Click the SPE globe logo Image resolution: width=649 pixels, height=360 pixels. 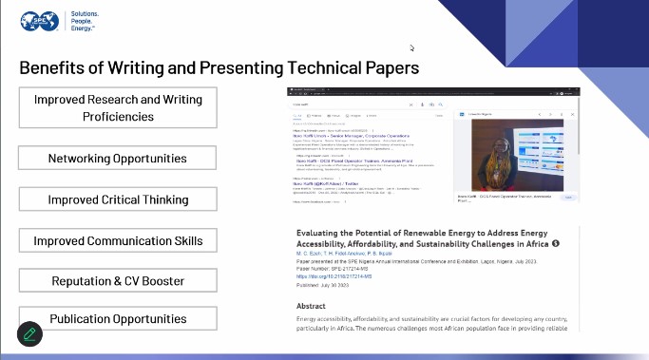point(41,22)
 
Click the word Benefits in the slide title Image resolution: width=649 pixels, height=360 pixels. point(55,68)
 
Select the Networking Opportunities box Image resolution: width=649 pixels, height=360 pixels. point(118,158)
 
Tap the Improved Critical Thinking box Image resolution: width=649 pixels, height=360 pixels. point(118,199)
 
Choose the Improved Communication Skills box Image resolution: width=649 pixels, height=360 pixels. point(118,240)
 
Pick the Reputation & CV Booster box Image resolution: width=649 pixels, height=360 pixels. point(118,282)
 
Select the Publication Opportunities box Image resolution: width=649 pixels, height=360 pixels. point(118,319)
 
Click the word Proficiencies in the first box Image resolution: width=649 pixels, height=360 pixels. point(118,117)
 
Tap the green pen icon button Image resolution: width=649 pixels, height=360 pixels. point(30,333)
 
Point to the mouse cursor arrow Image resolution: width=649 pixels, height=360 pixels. point(412,47)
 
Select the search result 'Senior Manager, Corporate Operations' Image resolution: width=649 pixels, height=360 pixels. point(342,137)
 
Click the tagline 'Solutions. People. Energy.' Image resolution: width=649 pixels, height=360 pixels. point(89,22)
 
